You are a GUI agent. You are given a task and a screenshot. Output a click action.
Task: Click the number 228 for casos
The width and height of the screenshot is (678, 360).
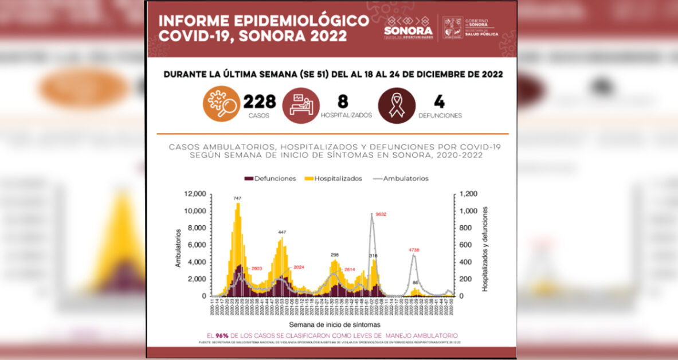(x=260, y=101)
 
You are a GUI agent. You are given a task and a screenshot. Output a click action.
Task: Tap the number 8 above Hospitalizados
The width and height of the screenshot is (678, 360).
(x=343, y=101)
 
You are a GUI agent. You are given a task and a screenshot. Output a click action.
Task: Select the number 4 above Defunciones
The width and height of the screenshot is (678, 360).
(x=439, y=101)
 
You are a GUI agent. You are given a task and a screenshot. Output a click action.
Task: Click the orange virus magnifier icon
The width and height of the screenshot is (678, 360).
(x=221, y=104)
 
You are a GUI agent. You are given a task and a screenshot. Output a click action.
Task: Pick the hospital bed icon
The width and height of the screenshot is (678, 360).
(x=301, y=104)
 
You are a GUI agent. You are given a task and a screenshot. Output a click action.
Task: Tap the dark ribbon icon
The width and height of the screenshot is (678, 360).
(x=397, y=104)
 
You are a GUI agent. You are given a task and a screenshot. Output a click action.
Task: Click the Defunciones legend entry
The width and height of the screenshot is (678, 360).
(x=270, y=178)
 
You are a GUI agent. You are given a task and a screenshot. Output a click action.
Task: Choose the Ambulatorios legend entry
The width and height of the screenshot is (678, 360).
(x=401, y=178)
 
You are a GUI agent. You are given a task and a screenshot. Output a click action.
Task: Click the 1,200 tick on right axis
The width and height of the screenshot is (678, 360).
(x=467, y=194)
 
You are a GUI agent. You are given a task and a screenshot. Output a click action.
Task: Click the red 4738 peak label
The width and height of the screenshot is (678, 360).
(x=415, y=250)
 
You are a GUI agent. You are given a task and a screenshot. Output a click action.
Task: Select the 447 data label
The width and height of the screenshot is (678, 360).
(x=282, y=232)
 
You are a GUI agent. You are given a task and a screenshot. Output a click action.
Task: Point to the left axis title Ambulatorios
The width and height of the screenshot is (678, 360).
(x=178, y=248)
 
